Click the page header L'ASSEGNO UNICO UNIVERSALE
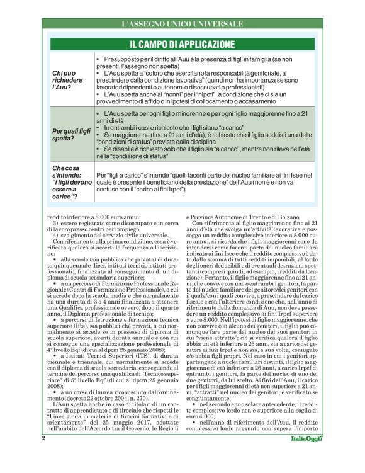182,24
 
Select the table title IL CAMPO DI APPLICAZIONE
182,45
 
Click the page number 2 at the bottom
43,454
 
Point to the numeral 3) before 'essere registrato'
55,224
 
